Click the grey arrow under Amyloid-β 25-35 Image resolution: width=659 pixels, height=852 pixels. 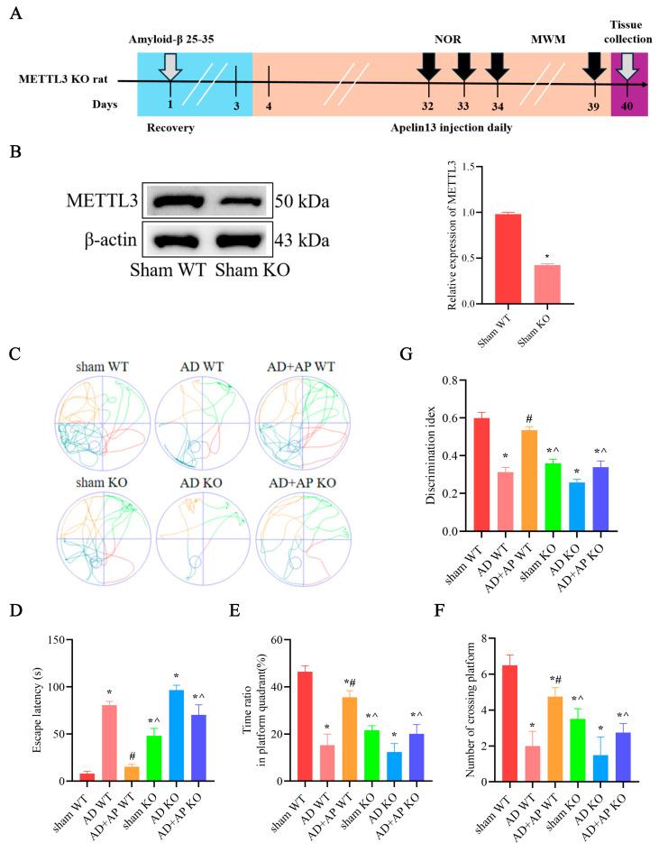169,66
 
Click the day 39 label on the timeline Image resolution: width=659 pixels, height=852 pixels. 593,105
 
